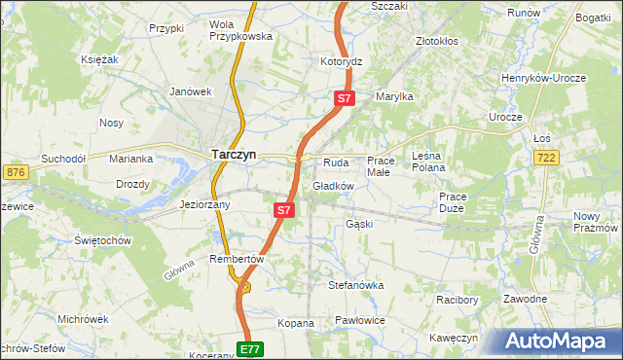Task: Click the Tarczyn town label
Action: click(235, 153)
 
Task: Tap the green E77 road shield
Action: click(250, 348)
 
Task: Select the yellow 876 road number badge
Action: click(15, 172)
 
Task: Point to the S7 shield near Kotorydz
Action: click(345, 98)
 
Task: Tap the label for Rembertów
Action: click(237, 259)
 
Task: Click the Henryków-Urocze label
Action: click(540, 78)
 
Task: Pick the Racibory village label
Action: click(457, 300)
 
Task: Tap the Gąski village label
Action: click(359, 224)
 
